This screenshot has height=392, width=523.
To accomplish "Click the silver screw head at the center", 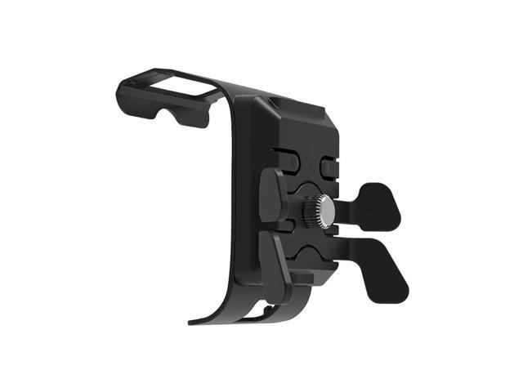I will [x=323, y=212].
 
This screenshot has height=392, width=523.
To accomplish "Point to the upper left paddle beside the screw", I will [x=273, y=195].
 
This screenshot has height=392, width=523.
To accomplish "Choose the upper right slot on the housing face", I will [x=329, y=164].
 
